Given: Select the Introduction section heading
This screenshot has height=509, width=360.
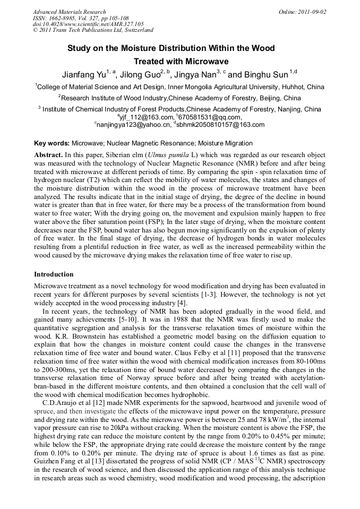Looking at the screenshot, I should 54,274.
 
